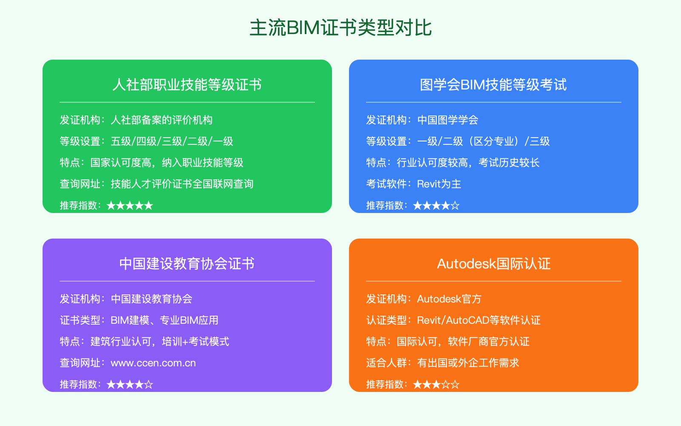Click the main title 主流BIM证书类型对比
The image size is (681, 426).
[x=340, y=28]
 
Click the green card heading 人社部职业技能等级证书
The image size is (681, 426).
[x=187, y=85]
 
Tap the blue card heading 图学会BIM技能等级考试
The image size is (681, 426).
[x=493, y=85]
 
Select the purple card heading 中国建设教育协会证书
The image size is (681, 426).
[x=187, y=264]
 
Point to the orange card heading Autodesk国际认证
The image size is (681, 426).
[x=494, y=264]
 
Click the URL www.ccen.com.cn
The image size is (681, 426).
[x=153, y=363]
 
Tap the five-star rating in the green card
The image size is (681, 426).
[x=130, y=206]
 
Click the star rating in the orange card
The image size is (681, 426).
[x=436, y=385]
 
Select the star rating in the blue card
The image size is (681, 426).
[x=436, y=206]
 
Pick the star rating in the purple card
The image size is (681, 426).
[x=130, y=385]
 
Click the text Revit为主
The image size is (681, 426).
[x=439, y=184]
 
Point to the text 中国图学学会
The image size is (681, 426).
[x=448, y=120]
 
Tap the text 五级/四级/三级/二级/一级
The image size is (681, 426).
[x=172, y=141]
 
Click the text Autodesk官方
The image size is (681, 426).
[x=449, y=299]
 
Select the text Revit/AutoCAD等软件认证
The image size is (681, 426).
[x=479, y=320]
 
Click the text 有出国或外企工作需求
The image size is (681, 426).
[x=468, y=363]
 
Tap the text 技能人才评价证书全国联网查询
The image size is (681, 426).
[x=182, y=184]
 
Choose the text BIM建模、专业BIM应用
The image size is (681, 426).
[x=165, y=320]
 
